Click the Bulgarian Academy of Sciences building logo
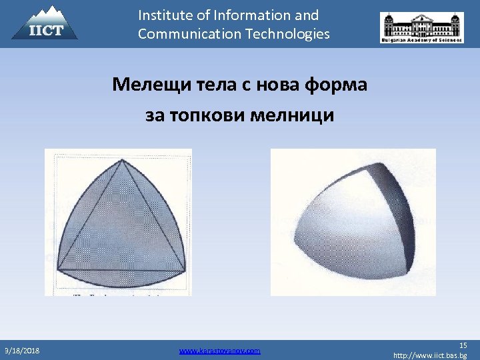[x=421, y=27]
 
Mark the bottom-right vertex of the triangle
[x=186, y=270]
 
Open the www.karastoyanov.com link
[x=220, y=350]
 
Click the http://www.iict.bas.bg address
[x=430, y=355]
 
